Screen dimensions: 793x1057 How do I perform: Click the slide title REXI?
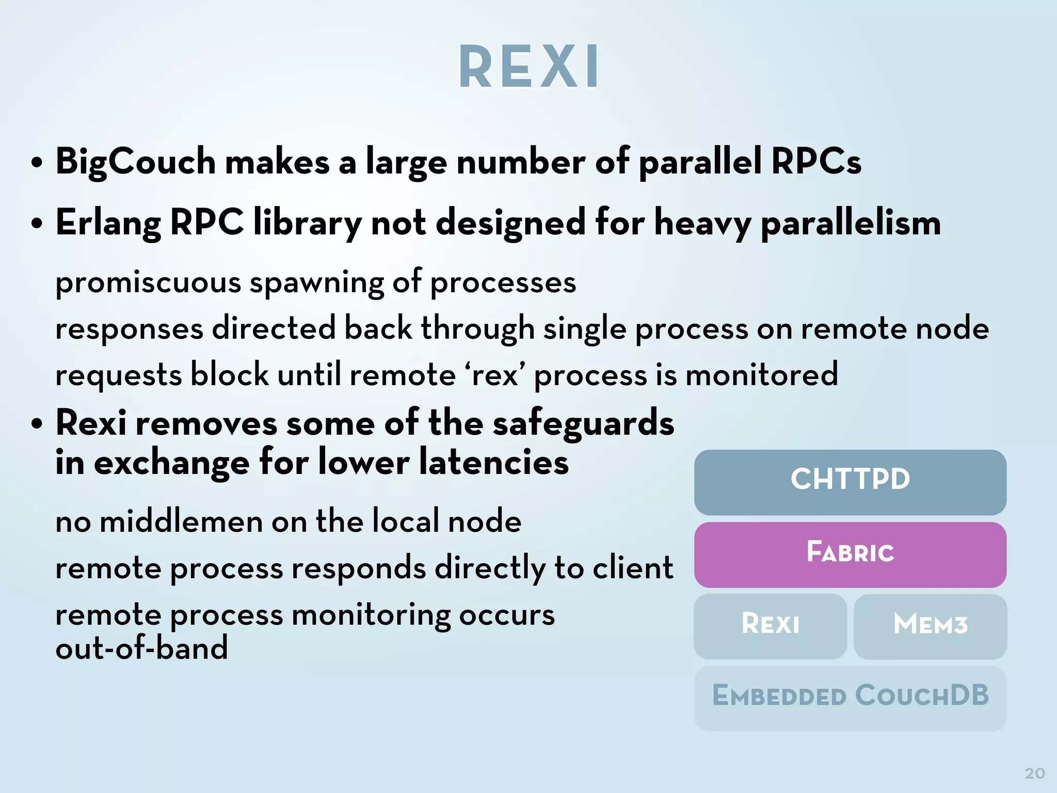coord(528,67)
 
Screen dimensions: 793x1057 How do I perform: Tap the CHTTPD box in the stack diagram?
coord(850,481)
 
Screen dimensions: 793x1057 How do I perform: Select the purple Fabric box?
coord(850,554)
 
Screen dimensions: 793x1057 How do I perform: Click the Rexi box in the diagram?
coord(770,625)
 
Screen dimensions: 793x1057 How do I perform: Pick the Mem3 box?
coord(930,625)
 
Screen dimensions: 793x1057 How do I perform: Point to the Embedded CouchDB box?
coord(850,697)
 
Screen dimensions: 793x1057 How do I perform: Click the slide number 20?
coord(1034,773)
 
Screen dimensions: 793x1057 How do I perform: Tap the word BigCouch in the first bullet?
coord(135,162)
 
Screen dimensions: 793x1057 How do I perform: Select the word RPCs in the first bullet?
coord(816,162)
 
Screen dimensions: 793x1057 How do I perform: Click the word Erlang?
coord(108,223)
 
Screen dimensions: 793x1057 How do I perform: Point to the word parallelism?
coord(851,223)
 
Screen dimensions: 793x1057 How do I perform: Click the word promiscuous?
coord(148,283)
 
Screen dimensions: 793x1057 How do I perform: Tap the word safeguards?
coord(583,423)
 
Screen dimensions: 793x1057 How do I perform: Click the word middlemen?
coord(181,521)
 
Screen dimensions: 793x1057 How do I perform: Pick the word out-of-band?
coord(141,648)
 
